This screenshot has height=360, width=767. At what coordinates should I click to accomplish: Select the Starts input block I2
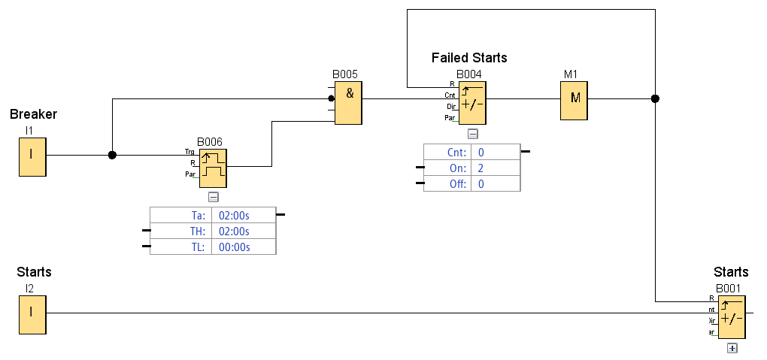point(32,314)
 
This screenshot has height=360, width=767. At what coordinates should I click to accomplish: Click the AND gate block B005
point(348,104)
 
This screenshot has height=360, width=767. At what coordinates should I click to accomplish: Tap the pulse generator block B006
point(213,168)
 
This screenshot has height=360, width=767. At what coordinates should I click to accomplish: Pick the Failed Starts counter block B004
point(472,103)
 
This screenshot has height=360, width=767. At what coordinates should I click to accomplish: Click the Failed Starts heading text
point(469,58)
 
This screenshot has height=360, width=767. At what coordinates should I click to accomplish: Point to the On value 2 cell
point(495,168)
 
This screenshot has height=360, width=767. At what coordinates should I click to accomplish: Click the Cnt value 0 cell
point(495,153)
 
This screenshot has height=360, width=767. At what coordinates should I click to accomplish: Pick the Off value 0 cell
point(495,184)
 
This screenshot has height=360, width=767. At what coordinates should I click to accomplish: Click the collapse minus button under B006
point(214,197)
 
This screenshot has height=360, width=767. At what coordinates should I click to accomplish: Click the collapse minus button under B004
point(472,134)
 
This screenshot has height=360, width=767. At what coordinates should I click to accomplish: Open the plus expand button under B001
point(732,348)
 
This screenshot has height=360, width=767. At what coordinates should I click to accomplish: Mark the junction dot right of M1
point(655,98)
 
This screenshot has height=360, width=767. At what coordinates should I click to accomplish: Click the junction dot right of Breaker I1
point(112,155)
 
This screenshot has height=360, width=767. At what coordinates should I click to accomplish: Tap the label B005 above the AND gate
point(345,74)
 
